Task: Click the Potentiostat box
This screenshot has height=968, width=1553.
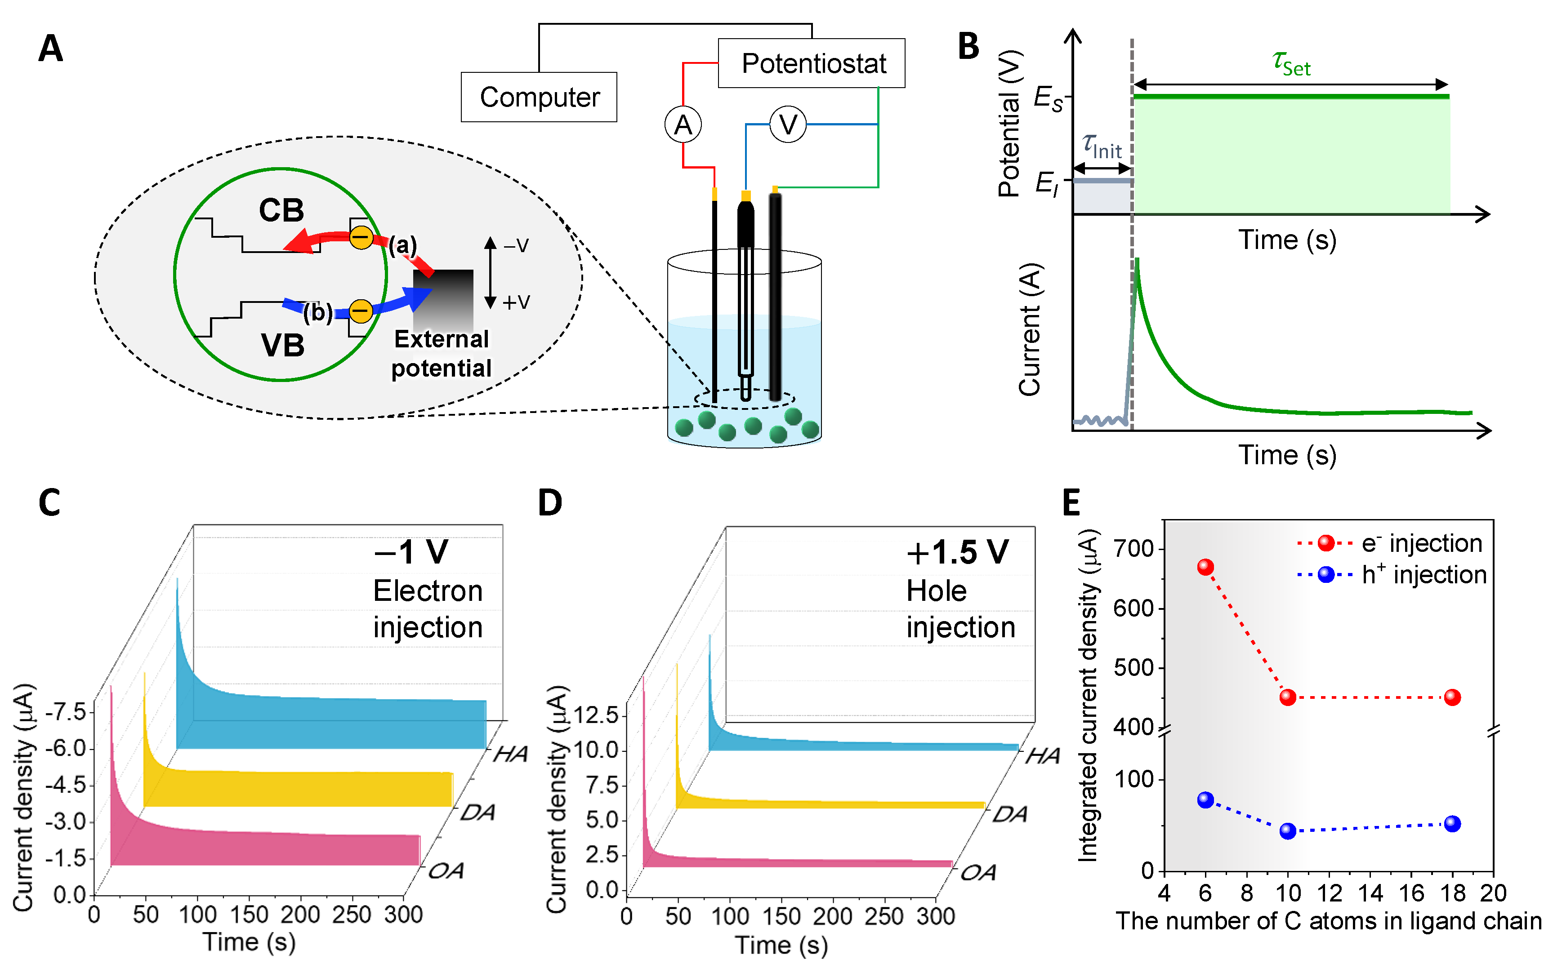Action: [812, 63]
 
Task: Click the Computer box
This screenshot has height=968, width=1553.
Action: [539, 98]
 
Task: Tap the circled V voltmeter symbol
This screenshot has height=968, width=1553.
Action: [788, 125]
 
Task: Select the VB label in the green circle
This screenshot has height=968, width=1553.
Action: [282, 346]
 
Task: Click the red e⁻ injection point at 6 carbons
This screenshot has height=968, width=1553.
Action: [1205, 567]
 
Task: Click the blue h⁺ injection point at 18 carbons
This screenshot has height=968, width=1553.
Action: [1452, 824]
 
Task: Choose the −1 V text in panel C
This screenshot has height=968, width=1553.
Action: [411, 552]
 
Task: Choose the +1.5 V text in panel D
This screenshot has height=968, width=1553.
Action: [957, 552]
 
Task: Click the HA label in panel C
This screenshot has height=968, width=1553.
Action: [510, 754]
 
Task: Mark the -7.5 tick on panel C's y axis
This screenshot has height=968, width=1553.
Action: [67, 712]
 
